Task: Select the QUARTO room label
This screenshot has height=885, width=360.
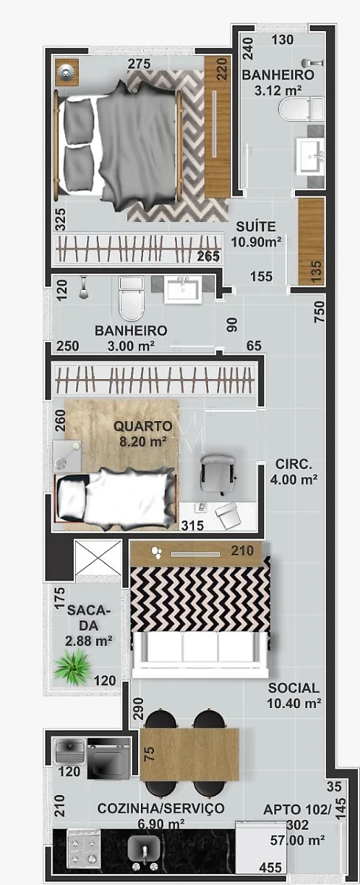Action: click(x=143, y=426)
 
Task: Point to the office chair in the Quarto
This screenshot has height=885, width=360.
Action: click(x=218, y=473)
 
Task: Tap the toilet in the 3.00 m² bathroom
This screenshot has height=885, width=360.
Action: click(x=131, y=298)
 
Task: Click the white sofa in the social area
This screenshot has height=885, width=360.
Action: click(x=201, y=654)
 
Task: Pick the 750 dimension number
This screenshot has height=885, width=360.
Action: click(x=319, y=311)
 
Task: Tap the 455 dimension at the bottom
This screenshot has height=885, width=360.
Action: click(x=270, y=867)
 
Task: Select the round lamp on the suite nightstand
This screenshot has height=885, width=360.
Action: click(x=67, y=72)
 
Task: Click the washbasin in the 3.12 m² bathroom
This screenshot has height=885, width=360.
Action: click(x=311, y=156)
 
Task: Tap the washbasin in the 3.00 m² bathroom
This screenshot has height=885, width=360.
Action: click(x=183, y=289)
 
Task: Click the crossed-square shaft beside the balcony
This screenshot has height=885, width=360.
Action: click(x=97, y=558)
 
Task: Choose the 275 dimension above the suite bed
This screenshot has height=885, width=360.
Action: click(x=139, y=63)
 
